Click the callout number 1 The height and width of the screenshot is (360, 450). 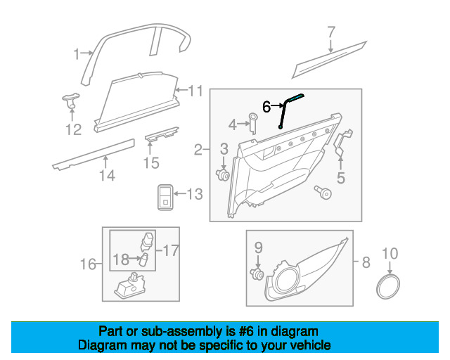click(77, 53)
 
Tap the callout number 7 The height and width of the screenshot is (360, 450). click(331, 32)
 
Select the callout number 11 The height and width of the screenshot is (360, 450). click(195, 90)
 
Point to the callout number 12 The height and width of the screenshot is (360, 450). click(73, 129)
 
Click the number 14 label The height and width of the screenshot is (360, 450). click(106, 175)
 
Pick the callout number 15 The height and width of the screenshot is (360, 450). click(151, 163)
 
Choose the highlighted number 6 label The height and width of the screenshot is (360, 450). click(266, 106)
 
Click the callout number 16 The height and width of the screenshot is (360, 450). click(88, 264)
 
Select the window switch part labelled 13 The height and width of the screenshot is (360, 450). click(164, 195)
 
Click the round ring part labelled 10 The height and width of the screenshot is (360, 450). click(387, 288)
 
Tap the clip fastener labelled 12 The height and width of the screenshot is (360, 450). click(70, 100)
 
